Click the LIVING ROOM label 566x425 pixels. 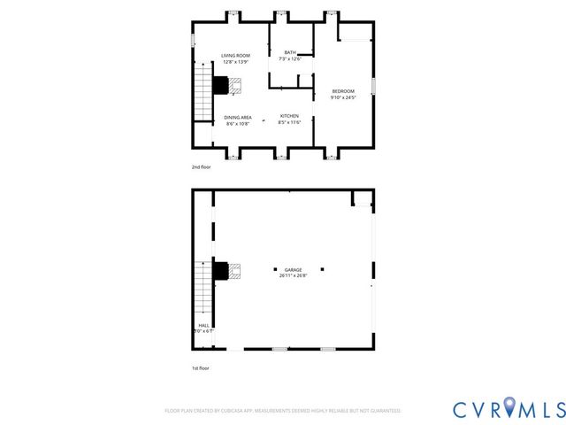[x=235, y=56]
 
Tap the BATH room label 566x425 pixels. [x=289, y=53]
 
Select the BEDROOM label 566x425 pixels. [x=343, y=92]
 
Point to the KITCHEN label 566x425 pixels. [x=289, y=116]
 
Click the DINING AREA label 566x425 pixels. [x=238, y=117]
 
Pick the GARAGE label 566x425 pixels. [x=293, y=270]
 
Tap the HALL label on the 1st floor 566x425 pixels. [x=203, y=325]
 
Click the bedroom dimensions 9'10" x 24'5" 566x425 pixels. [x=343, y=98]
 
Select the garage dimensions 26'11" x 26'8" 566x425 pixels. [x=293, y=275]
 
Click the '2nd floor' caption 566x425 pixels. [x=201, y=166]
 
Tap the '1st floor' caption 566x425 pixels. [x=201, y=367]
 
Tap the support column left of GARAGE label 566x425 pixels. [x=275, y=269]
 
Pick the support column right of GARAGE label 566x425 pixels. [x=323, y=269]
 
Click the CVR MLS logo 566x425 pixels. [x=509, y=408]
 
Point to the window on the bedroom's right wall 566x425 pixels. [x=373, y=85]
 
